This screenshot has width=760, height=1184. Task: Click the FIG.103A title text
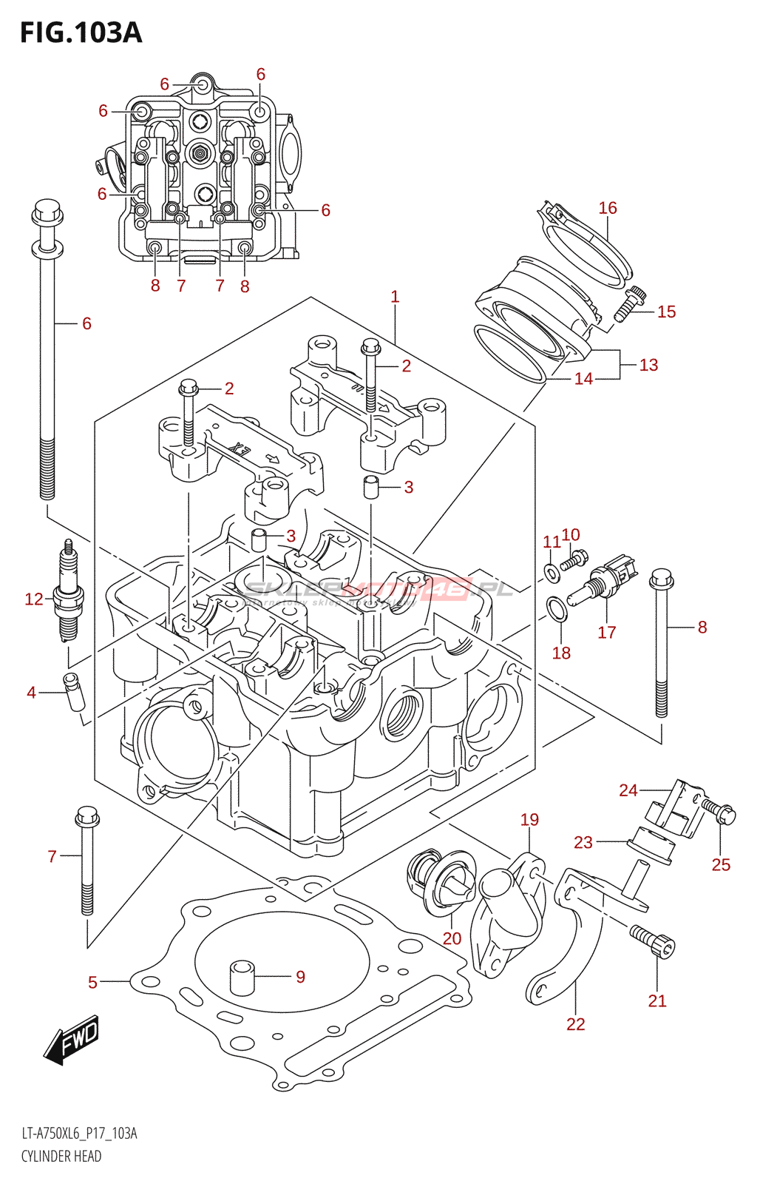point(81,33)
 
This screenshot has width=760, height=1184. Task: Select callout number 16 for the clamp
point(608,208)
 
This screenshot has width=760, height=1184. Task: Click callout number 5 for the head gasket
point(92,982)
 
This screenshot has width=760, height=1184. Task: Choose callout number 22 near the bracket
point(575,1024)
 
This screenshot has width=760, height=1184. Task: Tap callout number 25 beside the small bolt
point(721,864)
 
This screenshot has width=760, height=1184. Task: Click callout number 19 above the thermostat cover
point(529,820)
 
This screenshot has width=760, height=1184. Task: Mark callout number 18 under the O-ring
point(561,653)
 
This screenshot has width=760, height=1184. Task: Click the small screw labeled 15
point(628,305)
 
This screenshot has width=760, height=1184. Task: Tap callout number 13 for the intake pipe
point(648,365)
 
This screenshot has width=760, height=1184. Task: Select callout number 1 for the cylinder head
point(395,297)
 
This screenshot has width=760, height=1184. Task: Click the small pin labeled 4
point(75,693)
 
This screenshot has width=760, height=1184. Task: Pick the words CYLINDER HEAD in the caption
point(61,1156)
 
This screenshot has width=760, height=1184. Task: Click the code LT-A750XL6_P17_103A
point(79,1134)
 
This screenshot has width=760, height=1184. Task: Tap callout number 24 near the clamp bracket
point(628,790)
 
